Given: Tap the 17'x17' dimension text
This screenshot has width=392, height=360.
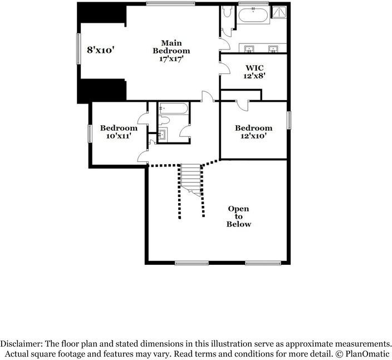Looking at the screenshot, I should tap(171, 58).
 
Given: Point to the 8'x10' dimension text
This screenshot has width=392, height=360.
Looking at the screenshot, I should tap(100, 50).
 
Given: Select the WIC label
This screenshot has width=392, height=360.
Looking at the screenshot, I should tap(254, 68).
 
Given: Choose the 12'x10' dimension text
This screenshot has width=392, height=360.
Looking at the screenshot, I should tap(253, 136).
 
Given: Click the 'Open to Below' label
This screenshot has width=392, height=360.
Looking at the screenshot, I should tap(238, 216).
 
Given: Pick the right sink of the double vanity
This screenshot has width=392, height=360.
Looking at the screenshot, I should tap(273, 48).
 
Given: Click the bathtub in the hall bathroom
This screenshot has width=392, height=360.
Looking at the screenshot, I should tap(172, 109).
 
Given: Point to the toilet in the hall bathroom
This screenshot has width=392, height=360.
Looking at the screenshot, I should tap(164, 121).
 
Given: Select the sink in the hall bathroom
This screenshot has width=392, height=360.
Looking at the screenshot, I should tap(163, 134).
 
